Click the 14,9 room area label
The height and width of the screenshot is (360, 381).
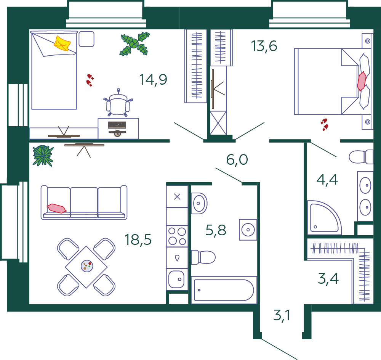[x=153, y=79]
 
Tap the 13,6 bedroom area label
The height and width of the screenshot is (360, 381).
[x=264, y=46]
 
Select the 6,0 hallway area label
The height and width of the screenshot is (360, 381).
[x=237, y=159]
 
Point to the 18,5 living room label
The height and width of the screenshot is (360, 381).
[x=138, y=239]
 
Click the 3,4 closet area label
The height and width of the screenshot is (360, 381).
[x=328, y=278]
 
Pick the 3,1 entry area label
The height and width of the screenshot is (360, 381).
[x=282, y=315]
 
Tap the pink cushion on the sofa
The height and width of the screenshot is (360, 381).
[x=56, y=209]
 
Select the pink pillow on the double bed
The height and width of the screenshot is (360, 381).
[x=362, y=81]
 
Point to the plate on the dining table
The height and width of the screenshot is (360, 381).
[x=87, y=266]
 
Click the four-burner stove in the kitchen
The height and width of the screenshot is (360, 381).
[x=177, y=236]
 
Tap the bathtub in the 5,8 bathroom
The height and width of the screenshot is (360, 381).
[x=224, y=290]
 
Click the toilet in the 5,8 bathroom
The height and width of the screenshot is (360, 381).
[x=203, y=257]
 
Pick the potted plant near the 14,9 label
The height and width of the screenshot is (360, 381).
[x=134, y=44]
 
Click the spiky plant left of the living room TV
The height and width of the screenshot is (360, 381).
[x=43, y=156]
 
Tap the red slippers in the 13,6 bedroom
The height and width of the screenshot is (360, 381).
[x=324, y=124]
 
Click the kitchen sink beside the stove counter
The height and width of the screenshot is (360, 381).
[x=177, y=279]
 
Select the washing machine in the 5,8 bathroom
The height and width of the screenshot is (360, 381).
[x=248, y=230]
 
